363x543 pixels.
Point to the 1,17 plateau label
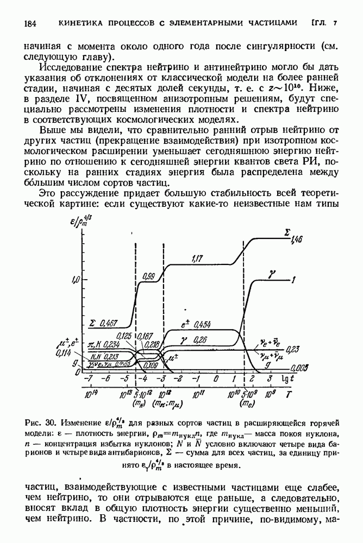coord(198,259)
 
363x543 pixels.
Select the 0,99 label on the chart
coord(148,276)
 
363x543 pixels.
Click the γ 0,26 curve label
coord(195,340)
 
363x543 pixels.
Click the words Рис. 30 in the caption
coord(45,422)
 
